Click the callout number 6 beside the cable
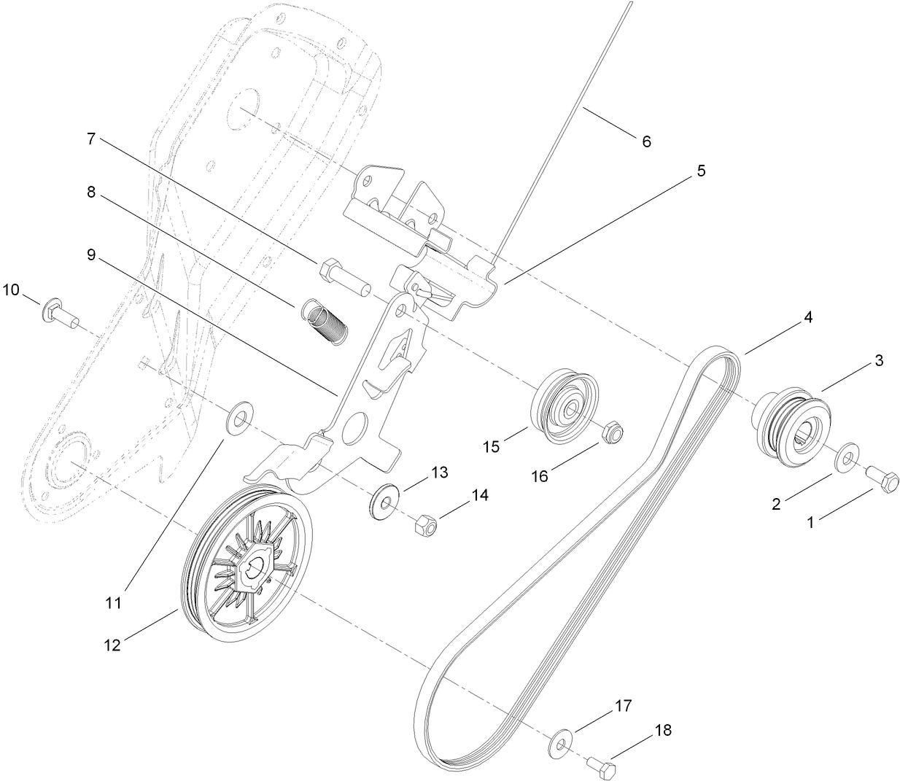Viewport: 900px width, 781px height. pyautogui.click(x=646, y=141)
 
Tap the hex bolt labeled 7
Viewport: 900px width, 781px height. pyautogui.click(x=343, y=277)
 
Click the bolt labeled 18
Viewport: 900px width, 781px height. pyautogui.click(x=602, y=766)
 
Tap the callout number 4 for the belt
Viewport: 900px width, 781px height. pyautogui.click(x=807, y=318)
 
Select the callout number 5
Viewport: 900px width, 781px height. pyautogui.click(x=701, y=171)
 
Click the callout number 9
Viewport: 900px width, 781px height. pyautogui.click(x=91, y=255)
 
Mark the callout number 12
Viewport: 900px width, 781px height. pyautogui.click(x=112, y=645)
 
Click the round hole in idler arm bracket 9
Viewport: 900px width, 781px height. pyautogui.click(x=357, y=426)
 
